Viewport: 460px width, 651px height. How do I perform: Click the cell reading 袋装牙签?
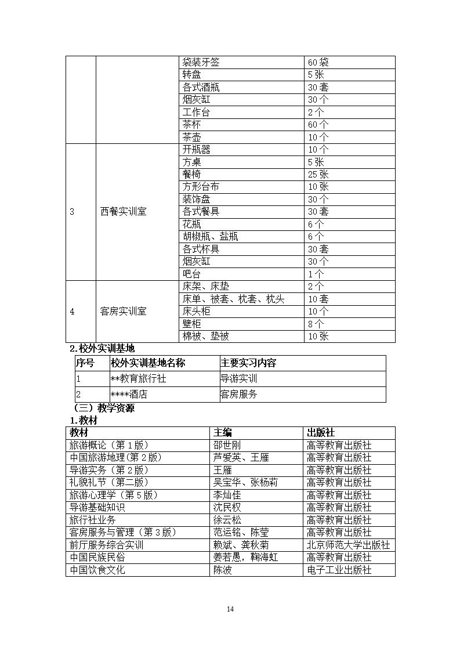click(x=201, y=62)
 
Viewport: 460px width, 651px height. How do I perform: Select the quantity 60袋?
click(x=318, y=62)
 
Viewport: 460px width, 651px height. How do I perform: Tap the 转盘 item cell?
click(x=192, y=75)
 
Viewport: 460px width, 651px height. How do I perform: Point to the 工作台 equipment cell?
click(x=196, y=112)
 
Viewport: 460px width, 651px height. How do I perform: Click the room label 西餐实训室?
click(x=123, y=212)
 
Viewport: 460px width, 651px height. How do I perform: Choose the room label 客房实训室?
click(x=123, y=312)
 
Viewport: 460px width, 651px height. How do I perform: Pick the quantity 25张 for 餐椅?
click(x=318, y=174)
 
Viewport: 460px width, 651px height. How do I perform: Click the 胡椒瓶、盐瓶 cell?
click(x=210, y=237)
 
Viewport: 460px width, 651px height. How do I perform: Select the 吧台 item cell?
click(x=192, y=274)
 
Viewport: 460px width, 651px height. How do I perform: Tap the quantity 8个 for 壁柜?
click(x=316, y=324)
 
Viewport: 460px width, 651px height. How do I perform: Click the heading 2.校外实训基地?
click(x=102, y=349)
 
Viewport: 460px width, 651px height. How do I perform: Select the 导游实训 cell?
click(x=238, y=379)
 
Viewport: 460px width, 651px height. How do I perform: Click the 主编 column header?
click(x=223, y=433)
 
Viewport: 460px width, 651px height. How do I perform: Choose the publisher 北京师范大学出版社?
click(x=348, y=545)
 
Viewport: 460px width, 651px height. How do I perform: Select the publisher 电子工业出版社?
click(x=339, y=570)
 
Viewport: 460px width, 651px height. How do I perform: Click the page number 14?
click(x=230, y=609)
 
